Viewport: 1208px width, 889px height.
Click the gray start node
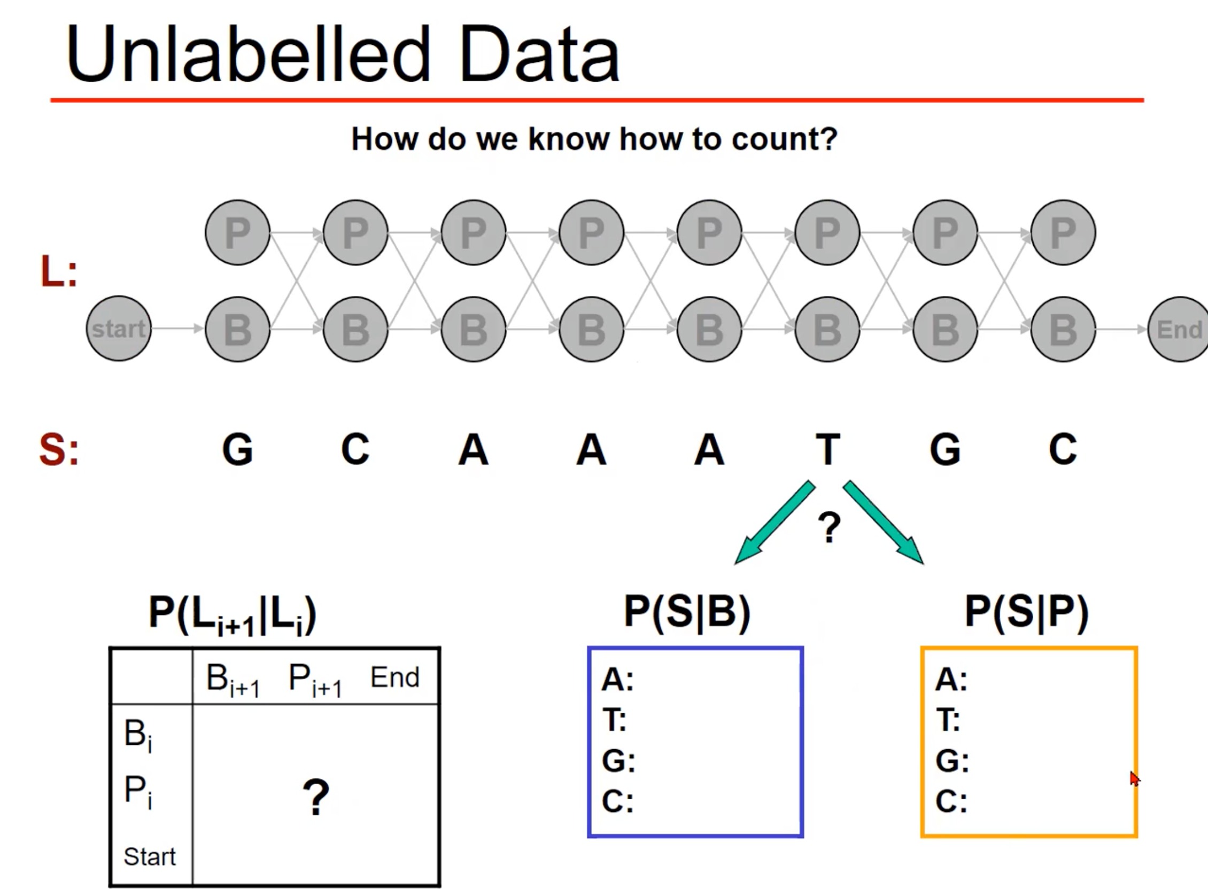[x=119, y=328]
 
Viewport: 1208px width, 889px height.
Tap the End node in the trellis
[x=1179, y=329]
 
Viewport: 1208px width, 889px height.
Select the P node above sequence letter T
[x=827, y=232]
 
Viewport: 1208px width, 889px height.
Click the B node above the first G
[x=237, y=329]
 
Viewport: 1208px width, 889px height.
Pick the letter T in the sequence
[x=827, y=449]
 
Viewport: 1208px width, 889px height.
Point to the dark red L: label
[x=59, y=272]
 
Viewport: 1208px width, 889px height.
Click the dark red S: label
[x=59, y=449]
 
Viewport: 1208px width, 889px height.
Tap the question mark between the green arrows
[x=829, y=527]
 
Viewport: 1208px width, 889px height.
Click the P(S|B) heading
[x=687, y=612]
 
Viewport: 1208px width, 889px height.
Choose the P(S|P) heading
[x=1027, y=612]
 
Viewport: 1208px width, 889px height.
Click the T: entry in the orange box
[x=948, y=720]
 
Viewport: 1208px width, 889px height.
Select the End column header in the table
[x=394, y=677]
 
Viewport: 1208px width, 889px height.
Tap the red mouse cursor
[x=1134, y=778]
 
